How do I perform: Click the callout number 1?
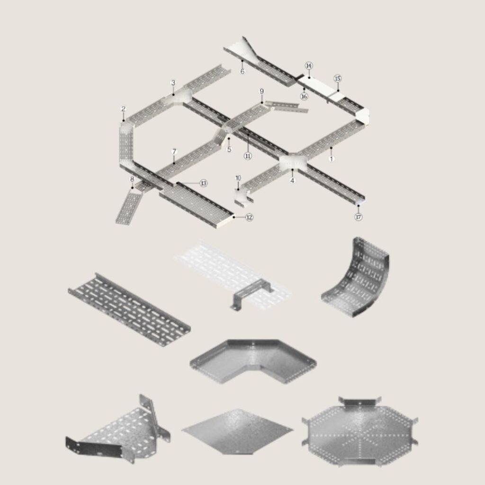pyautogui.click(x=332, y=159)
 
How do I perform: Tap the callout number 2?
pyautogui.click(x=124, y=109)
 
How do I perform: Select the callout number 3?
pyautogui.click(x=173, y=82)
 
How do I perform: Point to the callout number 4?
pyautogui.click(x=293, y=180)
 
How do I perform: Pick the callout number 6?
pyautogui.click(x=242, y=72)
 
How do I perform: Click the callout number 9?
pyautogui.click(x=261, y=91)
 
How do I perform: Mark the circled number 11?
pyautogui.click(x=248, y=156)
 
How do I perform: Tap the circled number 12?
pyautogui.click(x=249, y=217)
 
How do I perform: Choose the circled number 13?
pyautogui.click(x=204, y=183)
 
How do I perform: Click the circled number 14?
pyautogui.click(x=309, y=65)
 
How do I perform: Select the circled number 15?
pyautogui.click(x=337, y=79)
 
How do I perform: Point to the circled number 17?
pyautogui.click(x=358, y=217)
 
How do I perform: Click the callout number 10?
pyautogui.click(x=238, y=178)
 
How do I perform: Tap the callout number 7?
pyautogui.click(x=174, y=152)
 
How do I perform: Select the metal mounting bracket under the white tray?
pyautogui.click(x=251, y=294)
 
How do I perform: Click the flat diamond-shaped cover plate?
pyautogui.click(x=237, y=431)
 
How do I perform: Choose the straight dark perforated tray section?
pyautogui.click(x=129, y=309)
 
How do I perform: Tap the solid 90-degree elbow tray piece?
pyautogui.click(x=253, y=360)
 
